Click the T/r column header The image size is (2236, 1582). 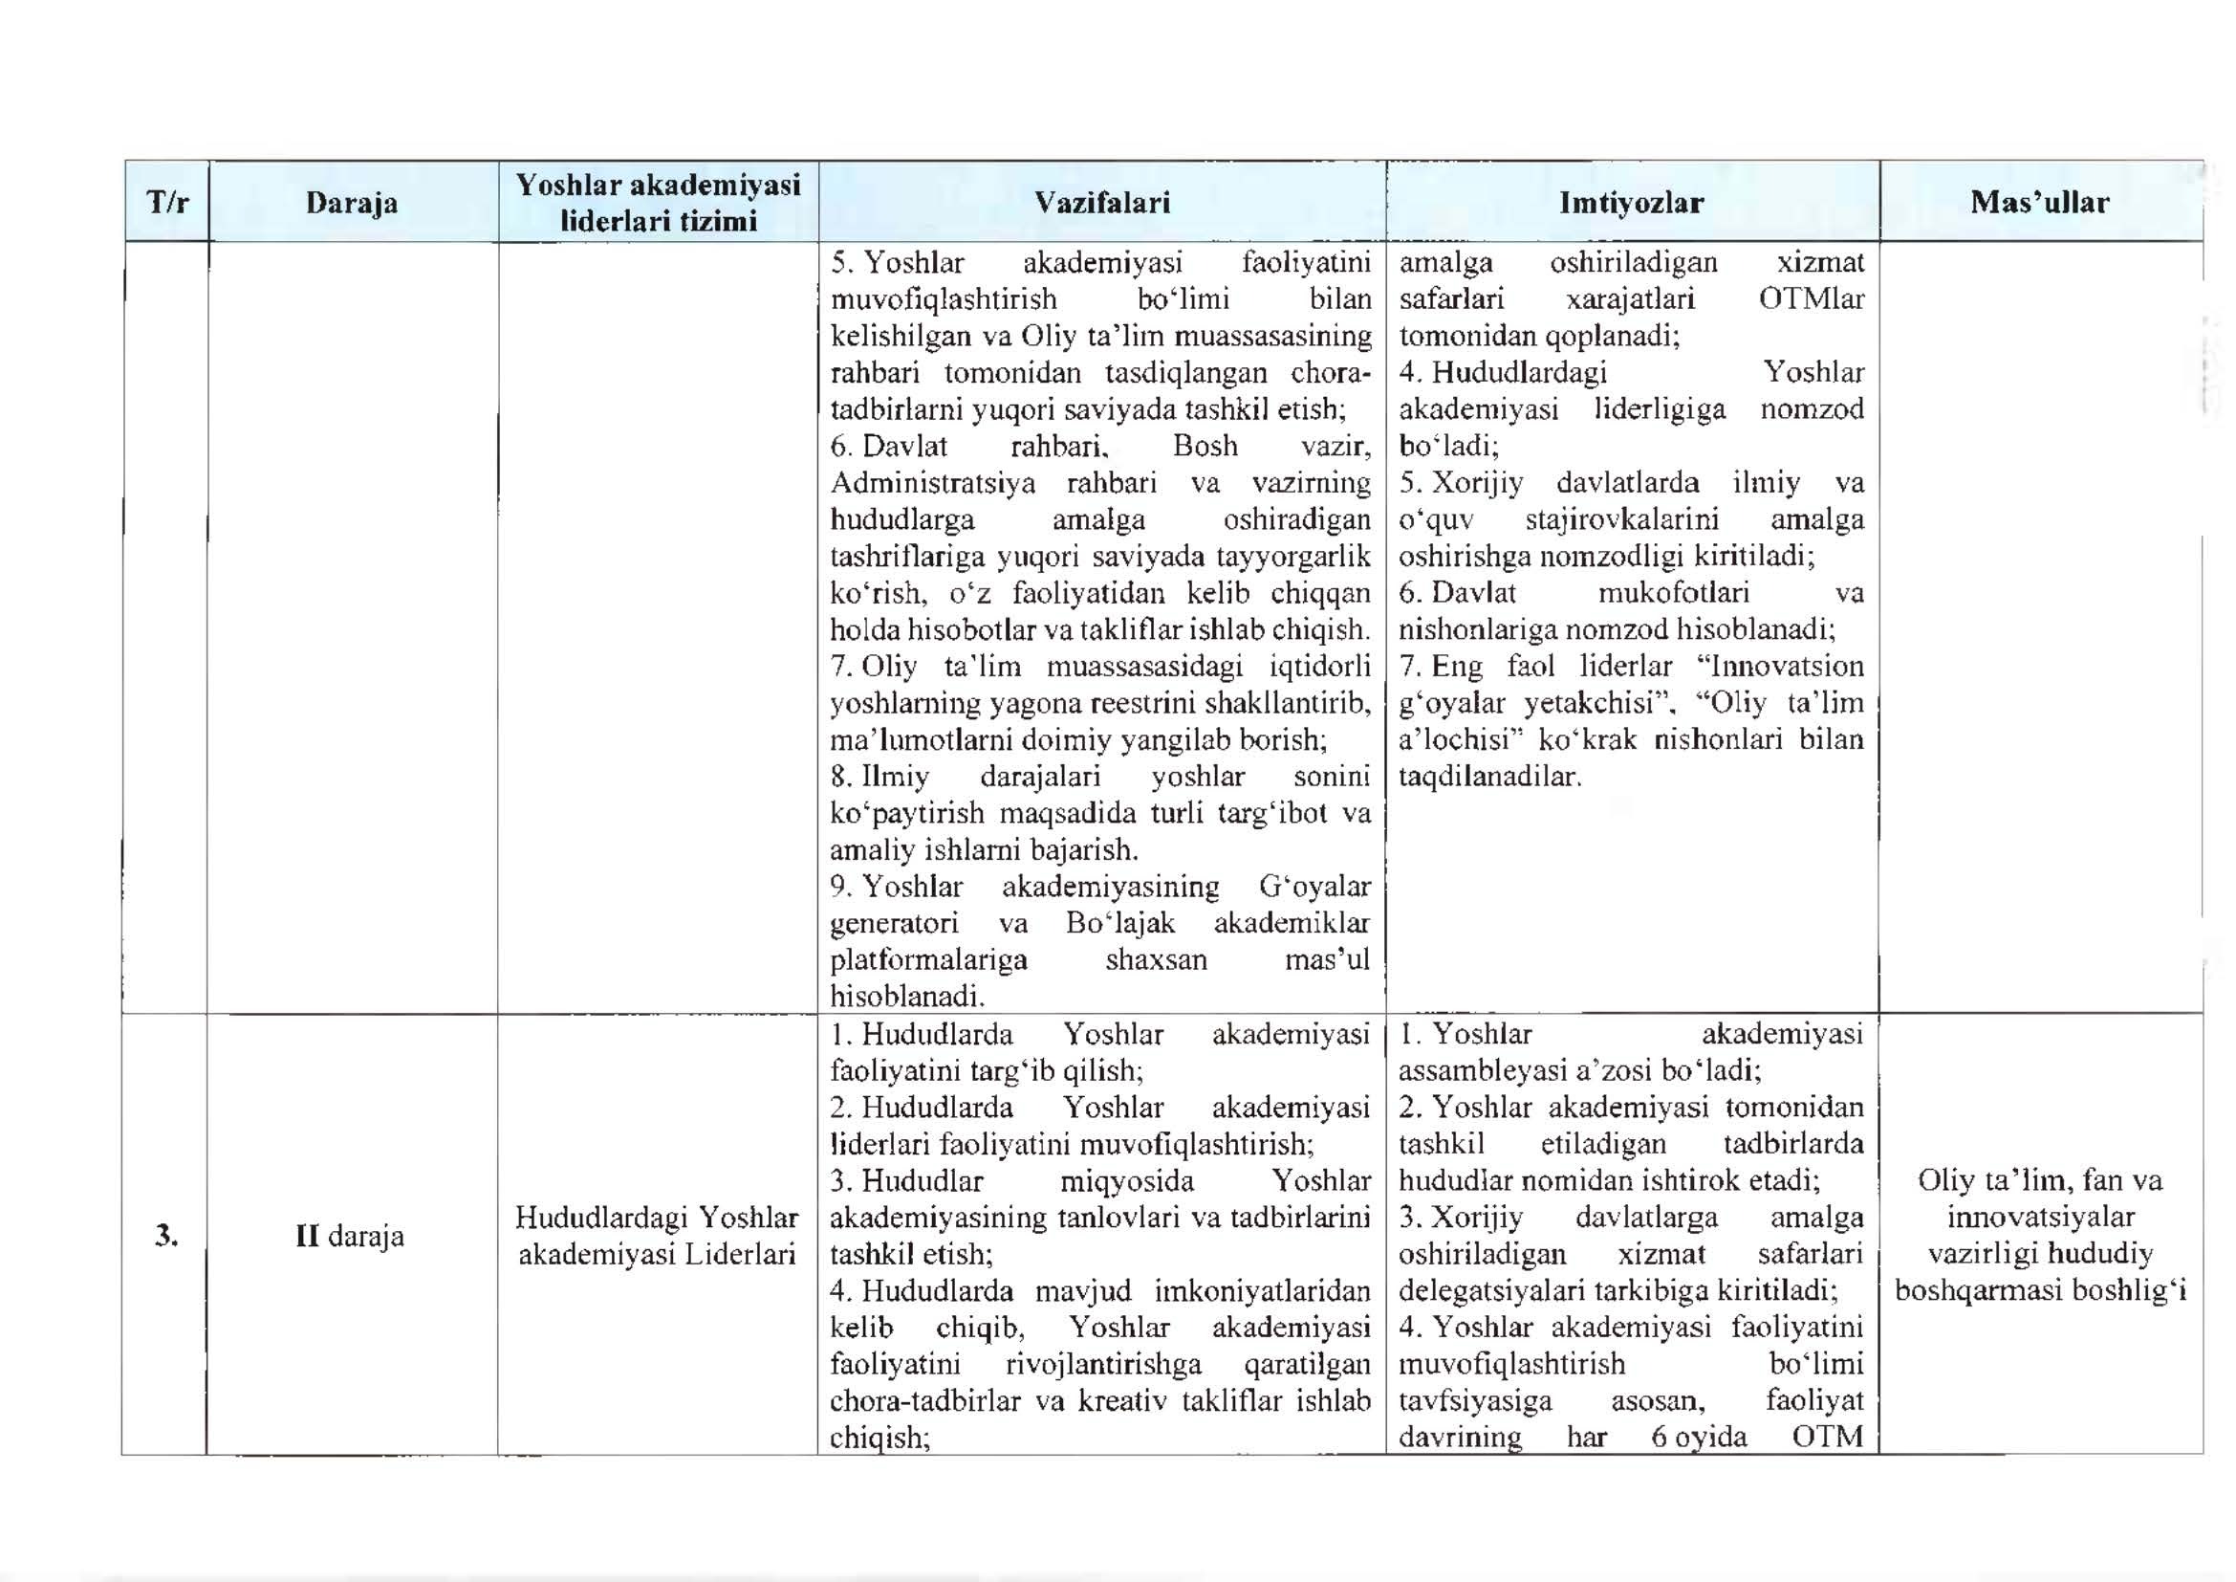click(x=166, y=203)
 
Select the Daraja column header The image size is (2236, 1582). click(x=352, y=203)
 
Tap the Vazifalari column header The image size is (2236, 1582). click(x=1101, y=203)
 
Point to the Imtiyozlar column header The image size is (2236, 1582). click(x=1631, y=203)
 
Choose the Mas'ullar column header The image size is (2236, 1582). click(x=2039, y=203)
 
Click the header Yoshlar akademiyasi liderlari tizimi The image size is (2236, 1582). click(x=659, y=203)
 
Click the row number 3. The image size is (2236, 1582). click(x=166, y=1235)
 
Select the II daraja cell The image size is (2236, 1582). click(x=350, y=1236)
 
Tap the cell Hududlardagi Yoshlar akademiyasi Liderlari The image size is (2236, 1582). click(x=658, y=1235)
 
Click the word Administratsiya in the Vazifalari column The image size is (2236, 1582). click(x=932, y=483)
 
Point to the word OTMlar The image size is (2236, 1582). click(x=1811, y=299)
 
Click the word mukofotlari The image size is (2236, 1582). click(x=1673, y=593)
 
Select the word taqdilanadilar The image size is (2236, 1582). click(x=1489, y=777)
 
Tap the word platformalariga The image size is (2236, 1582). click(x=928, y=959)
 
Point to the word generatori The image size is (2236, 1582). click(x=894, y=922)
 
